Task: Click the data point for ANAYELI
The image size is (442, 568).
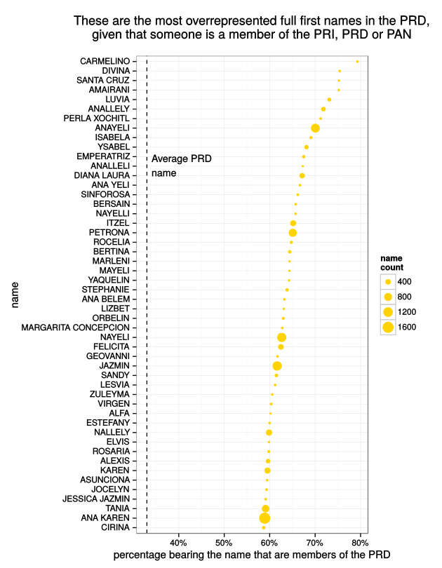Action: pos(315,128)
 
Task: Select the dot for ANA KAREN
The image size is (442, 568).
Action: pos(264,518)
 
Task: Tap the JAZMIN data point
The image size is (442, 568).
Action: pos(276,365)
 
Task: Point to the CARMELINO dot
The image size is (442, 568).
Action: pos(357,61)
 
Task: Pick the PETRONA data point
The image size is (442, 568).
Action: pos(293,232)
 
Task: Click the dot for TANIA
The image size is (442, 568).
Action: pos(265,508)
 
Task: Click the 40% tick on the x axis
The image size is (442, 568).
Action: pos(178,543)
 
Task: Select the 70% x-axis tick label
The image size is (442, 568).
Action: pos(314,543)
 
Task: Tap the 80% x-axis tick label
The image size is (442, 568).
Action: pos(360,543)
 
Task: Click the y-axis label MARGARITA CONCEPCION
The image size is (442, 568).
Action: pos(76,327)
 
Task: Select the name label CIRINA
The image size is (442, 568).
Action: pos(115,527)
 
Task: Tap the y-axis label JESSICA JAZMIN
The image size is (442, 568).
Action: pos(95,499)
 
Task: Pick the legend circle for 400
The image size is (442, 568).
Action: pos(387,281)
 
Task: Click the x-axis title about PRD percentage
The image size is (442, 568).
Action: pos(251,555)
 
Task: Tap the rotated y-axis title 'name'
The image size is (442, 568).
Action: pos(15,295)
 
